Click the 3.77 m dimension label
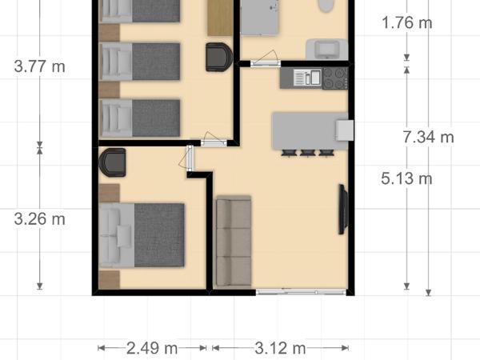(x=39, y=66)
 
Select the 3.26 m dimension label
(x=39, y=218)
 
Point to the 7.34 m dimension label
(x=428, y=138)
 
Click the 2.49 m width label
(x=152, y=348)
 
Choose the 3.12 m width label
(x=280, y=348)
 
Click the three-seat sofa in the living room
(x=234, y=242)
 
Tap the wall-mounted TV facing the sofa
(x=343, y=210)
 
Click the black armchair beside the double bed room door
(x=112, y=162)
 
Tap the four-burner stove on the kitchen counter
(x=334, y=78)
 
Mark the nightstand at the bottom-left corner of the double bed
(x=109, y=278)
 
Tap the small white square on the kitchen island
(x=344, y=130)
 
